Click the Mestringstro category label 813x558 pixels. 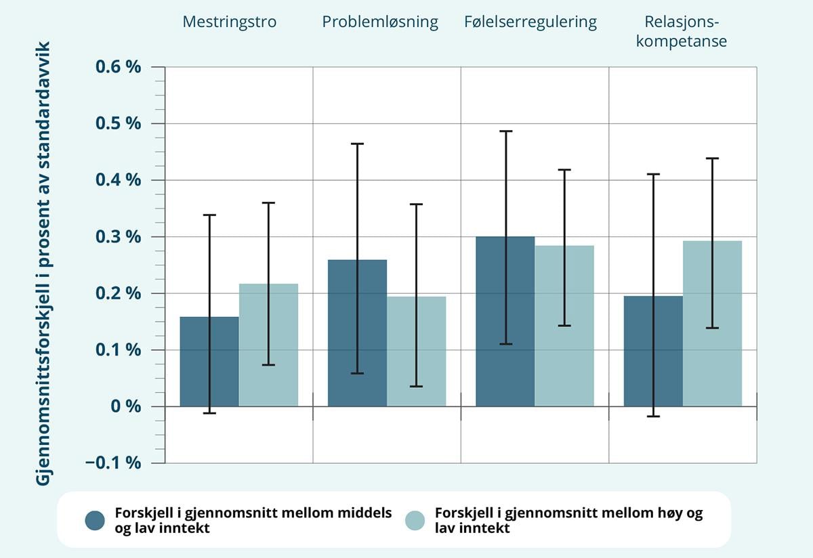[x=230, y=22]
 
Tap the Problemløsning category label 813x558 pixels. [x=380, y=22]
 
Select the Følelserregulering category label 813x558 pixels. [x=530, y=22]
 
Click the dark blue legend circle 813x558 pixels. [x=95, y=520]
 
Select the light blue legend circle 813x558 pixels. [x=415, y=520]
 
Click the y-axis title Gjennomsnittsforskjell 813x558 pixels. [x=47, y=264]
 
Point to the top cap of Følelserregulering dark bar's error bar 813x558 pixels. [x=505, y=131]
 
